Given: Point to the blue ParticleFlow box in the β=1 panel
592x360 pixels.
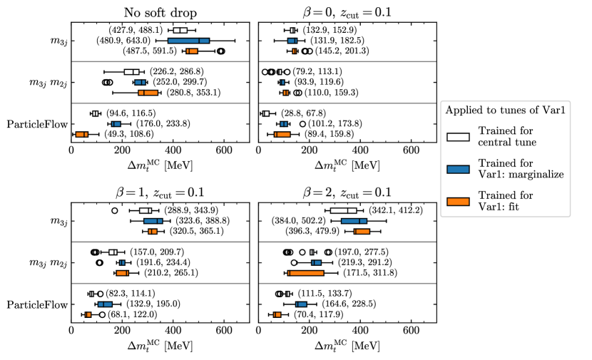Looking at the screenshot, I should [x=105, y=304].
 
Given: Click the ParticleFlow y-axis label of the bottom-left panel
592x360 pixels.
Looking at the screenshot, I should [x=36, y=304].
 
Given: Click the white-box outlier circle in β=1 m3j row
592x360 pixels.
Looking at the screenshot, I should [x=115, y=211].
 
